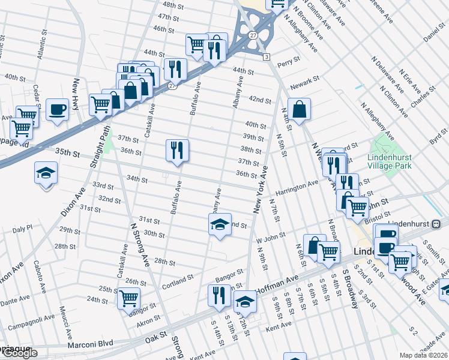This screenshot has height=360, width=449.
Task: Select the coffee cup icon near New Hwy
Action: pyautogui.click(x=58, y=110)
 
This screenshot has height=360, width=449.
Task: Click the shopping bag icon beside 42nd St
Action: pyautogui.click(x=299, y=110)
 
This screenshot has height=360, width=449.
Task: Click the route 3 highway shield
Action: pyautogui.click(x=265, y=56)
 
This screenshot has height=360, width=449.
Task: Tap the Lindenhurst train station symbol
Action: pyautogui.click(x=436, y=223)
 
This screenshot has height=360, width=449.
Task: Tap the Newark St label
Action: pyautogui.click(x=304, y=82)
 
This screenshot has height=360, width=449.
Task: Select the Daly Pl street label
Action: pyautogui.click(x=22, y=229)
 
